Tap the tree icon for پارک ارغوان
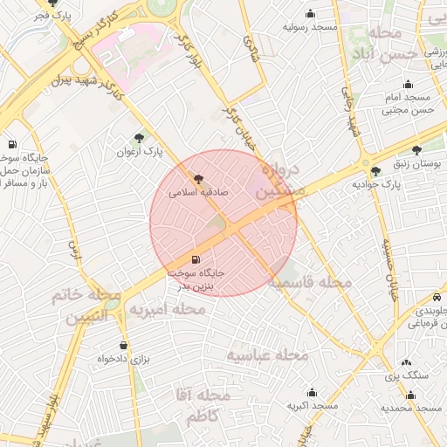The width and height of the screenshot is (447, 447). click(140, 137)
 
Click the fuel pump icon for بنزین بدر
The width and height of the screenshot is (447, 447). click(194, 259)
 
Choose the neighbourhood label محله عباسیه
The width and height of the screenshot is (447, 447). click(268, 355)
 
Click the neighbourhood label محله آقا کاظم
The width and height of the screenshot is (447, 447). click(202, 406)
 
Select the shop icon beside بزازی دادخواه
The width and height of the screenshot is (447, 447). click(123, 345)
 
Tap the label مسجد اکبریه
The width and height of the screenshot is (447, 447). click(312, 408)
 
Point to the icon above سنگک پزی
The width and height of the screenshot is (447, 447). click(407, 361)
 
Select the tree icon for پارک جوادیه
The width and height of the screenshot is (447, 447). click(376, 170)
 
